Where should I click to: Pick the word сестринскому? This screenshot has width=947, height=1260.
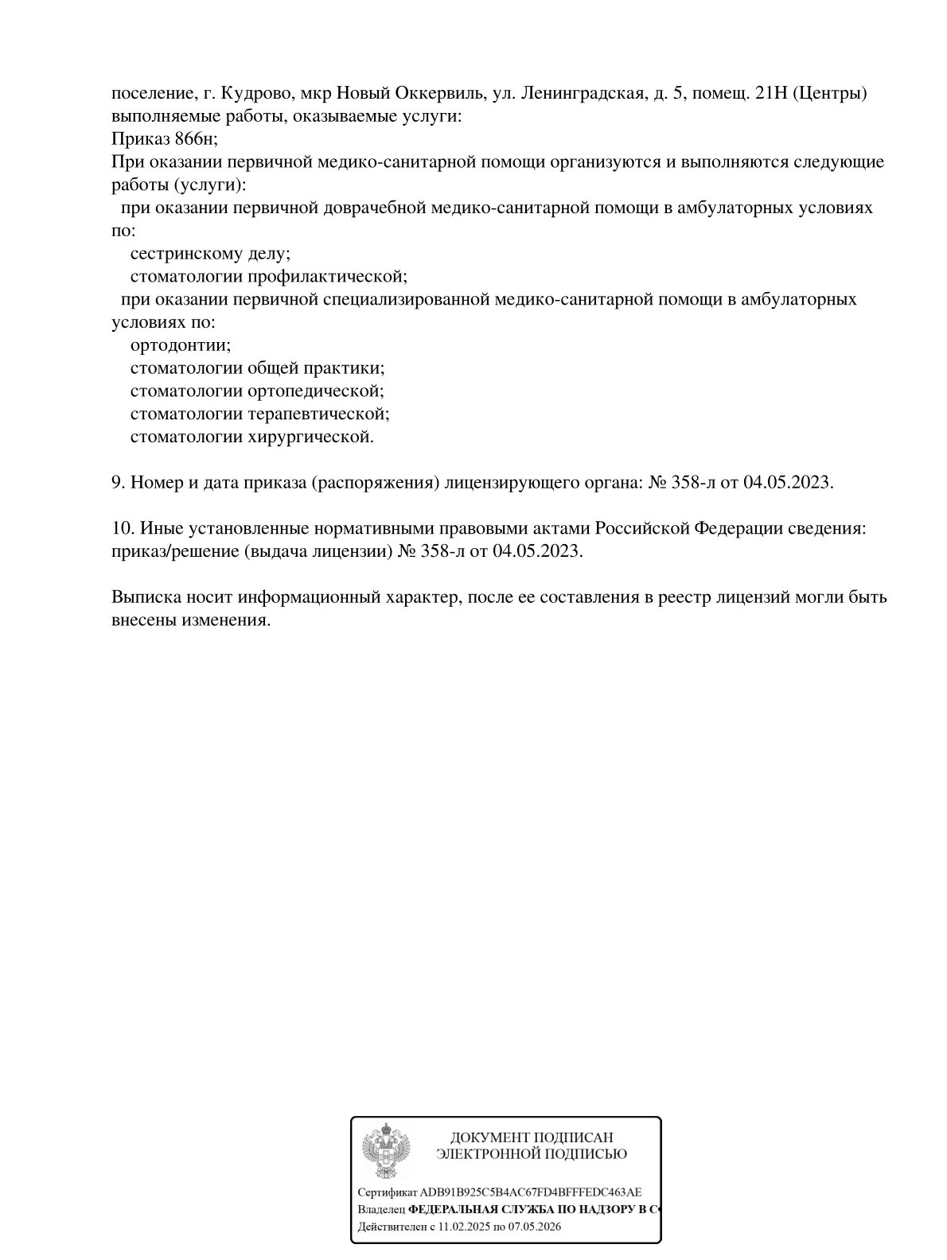181,254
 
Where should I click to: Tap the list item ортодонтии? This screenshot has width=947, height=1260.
180,346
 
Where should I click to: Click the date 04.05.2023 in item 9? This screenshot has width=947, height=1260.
787,483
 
